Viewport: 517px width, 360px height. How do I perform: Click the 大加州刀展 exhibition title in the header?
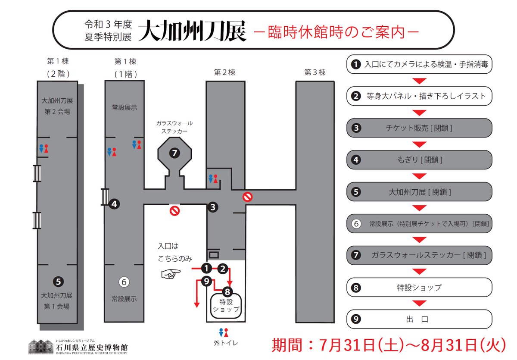[193, 31]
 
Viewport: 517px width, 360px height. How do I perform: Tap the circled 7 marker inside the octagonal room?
[174, 153]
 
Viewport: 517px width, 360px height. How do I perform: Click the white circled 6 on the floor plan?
[124, 282]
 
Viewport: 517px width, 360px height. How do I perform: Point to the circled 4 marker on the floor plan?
[114, 204]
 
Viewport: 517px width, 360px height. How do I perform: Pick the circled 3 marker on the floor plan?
[212, 207]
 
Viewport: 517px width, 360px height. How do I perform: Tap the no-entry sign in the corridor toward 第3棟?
[247, 197]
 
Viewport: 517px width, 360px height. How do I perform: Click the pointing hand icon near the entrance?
[168, 273]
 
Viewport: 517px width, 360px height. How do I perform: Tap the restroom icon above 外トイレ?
[223, 333]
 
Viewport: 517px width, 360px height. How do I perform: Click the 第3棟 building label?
[315, 72]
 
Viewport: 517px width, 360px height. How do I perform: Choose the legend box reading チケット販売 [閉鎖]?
[419, 128]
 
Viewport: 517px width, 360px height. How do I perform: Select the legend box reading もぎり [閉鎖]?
[419, 160]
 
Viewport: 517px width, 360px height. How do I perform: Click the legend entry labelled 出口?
[419, 319]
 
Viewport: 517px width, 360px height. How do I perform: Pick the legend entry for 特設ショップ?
[419, 288]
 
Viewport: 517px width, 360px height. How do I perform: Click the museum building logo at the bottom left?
[41, 346]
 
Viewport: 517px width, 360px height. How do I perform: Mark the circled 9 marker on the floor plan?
[207, 282]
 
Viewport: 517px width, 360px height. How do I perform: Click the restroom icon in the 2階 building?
[44, 148]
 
